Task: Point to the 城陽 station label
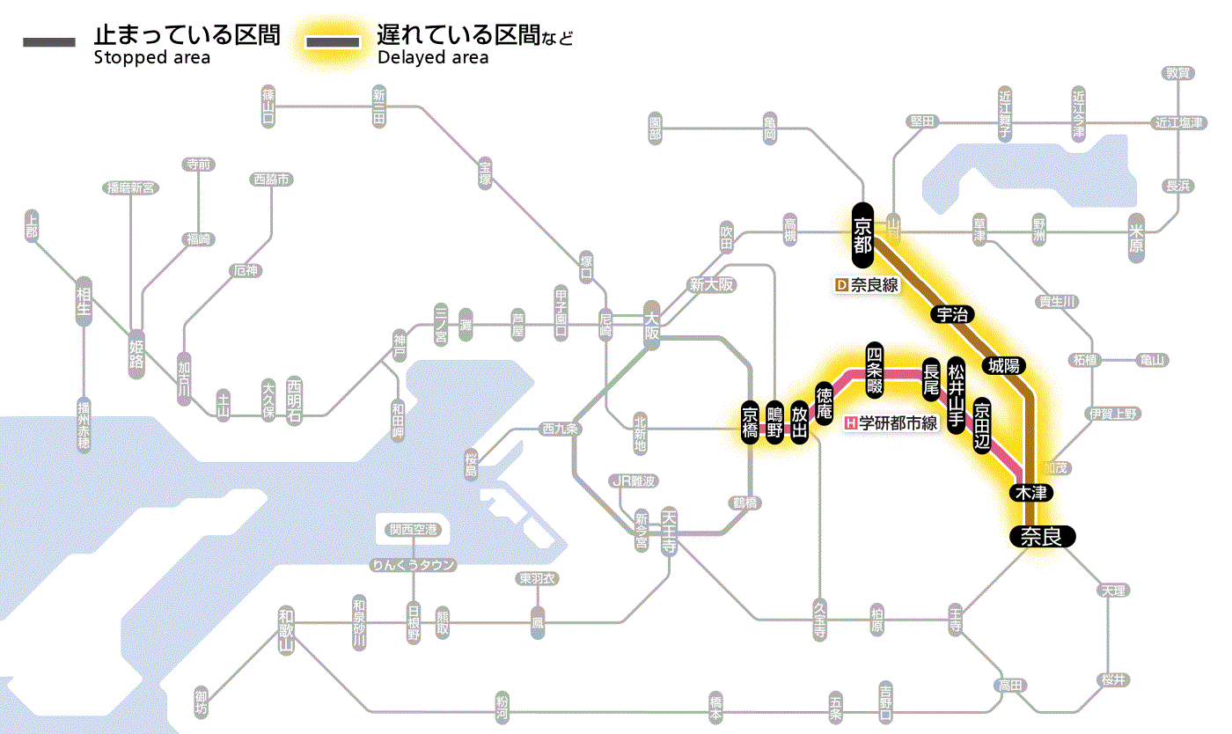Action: click(x=1004, y=364)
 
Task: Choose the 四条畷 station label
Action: click(x=874, y=367)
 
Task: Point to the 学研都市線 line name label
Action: click(x=898, y=422)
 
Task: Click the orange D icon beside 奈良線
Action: click(x=840, y=285)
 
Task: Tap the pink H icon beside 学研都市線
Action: click(x=850, y=422)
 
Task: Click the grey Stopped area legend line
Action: click(x=50, y=41)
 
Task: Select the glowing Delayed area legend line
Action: click(x=332, y=41)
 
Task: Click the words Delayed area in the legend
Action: click(x=432, y=58)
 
